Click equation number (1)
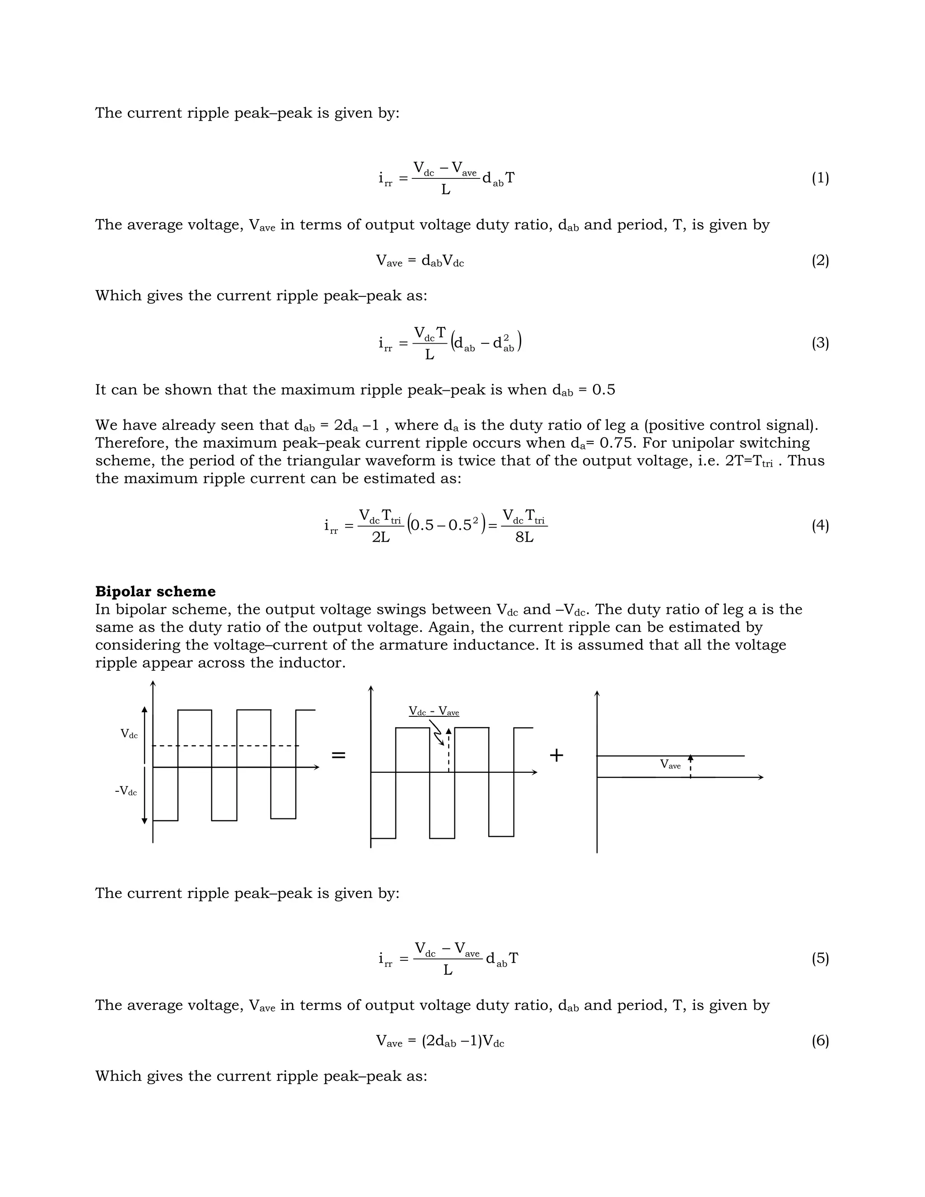click(x=820, y=178)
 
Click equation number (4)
click(x=820, y=526)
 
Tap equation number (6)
click(x=820, y=1040)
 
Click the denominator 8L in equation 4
click(x=524, y=538)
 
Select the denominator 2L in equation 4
click(x=381, y=538)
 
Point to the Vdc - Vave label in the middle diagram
click(x=434, y=712)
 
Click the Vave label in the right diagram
click(x=670, y=764)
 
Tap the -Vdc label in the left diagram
click(x=126, y=791)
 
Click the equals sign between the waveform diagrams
click(x=339, y=755)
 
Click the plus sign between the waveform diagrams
click(x=556, y=755)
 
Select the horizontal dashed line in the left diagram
click(x=224, y=746)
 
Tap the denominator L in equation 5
click(x=447, y=971)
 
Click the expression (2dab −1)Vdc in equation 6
click(x=462, y=1041)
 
